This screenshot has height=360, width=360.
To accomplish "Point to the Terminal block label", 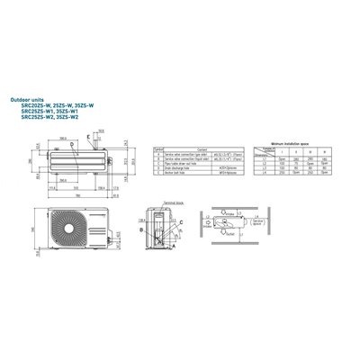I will pos(165,208).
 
